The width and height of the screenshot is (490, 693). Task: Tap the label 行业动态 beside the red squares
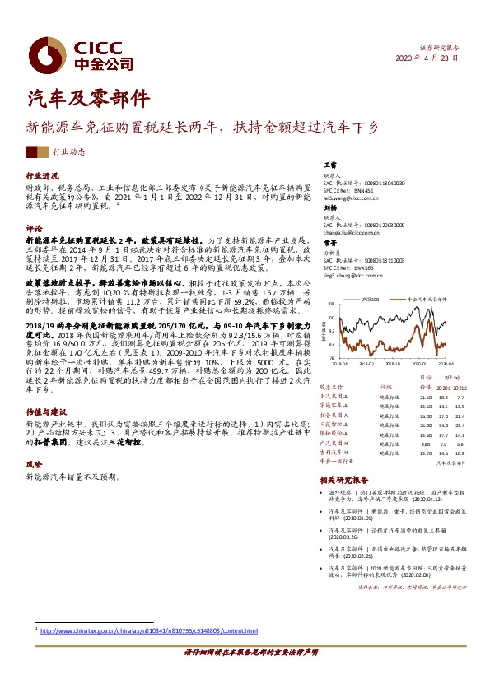(x=68, y=152)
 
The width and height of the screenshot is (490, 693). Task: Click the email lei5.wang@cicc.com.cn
(x=350, y=198)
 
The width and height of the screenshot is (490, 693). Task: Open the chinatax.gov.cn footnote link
(x=149, y=630)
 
